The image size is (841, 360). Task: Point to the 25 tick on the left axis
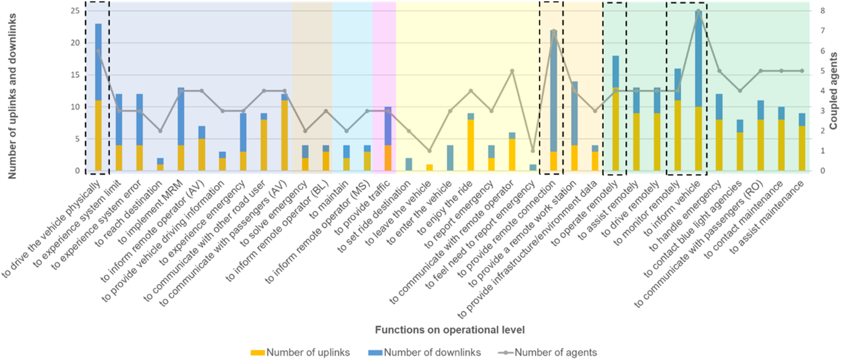click(75, 11)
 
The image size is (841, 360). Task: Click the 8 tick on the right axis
click(823, 11)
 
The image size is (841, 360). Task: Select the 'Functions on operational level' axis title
click(450, 330)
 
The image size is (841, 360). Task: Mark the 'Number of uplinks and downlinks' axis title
click(12, 96)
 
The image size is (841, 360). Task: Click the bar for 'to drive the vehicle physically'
click(98, 97)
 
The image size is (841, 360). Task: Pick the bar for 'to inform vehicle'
click(698, 91)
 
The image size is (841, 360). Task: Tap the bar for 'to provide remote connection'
click(554, 100)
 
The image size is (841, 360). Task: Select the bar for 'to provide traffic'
click(388, 139)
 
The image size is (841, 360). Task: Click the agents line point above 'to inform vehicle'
click(698, 11)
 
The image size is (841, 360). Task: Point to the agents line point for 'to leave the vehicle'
click(429, 151)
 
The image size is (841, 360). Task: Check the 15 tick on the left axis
click(75, 75)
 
